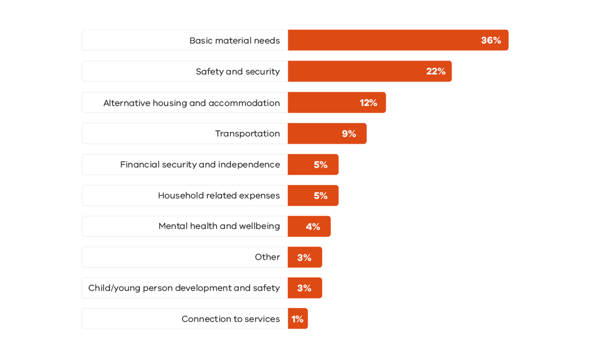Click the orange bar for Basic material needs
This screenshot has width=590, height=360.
[384, 40]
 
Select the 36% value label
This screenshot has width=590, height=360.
[491, 40]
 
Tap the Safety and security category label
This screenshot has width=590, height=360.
[238, 71]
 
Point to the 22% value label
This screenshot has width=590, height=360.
[436, 71]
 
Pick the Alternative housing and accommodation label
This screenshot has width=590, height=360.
[191, 103]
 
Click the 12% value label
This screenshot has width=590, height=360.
[368, 103]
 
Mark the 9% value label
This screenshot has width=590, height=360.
[349, 134]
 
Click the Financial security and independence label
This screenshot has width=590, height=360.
[200, 165]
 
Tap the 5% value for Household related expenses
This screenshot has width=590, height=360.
[320, 196]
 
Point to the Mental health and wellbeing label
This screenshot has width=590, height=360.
[219, 226]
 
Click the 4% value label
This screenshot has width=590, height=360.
[313, 227]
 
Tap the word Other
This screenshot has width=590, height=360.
[267, 257]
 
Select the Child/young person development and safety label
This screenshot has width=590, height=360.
[184, 288]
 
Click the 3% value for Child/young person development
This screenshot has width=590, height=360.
[304, 288]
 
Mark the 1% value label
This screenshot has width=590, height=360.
[297, 319]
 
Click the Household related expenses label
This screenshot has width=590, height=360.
[219, 196]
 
